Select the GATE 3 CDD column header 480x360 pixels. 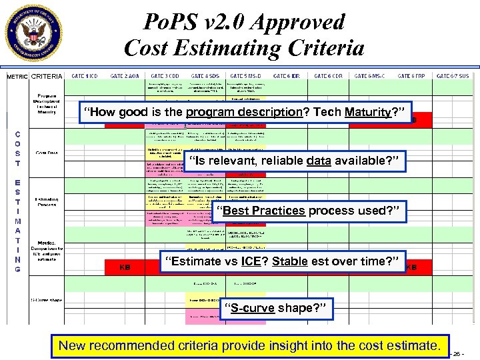click(165, 76)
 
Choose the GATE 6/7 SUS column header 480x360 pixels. click(453, 76)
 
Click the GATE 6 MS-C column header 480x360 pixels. click(370, 76)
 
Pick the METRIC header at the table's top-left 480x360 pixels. click(17, 77)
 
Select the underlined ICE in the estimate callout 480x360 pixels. click(251, 260)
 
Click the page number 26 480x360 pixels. click(459, 354)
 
